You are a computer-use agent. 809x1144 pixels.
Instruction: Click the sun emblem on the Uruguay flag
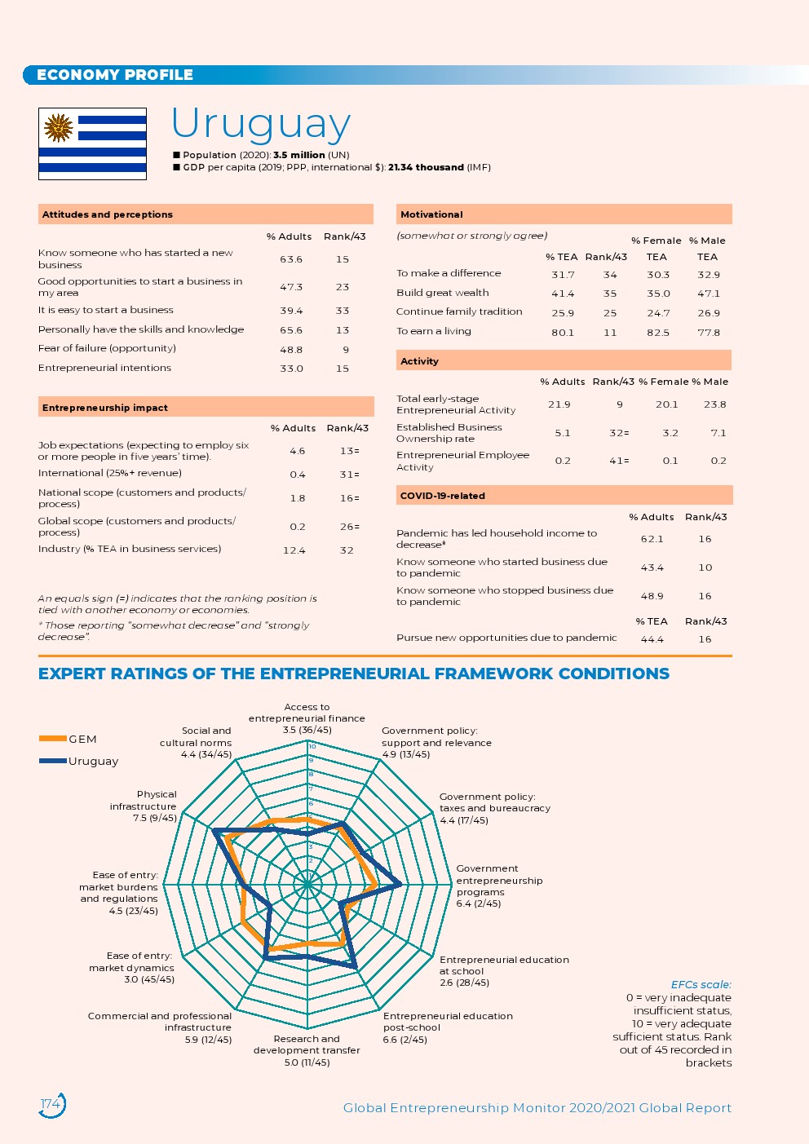click(59, 128)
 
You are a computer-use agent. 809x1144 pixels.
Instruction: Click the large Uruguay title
click(261, 124)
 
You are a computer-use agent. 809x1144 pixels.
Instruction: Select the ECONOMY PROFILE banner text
click(115, 75)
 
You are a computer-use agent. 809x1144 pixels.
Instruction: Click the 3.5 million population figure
click(298, 155)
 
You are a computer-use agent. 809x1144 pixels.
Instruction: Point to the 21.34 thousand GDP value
click(426, 167)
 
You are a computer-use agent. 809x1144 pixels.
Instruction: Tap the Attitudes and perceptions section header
click(108, 214)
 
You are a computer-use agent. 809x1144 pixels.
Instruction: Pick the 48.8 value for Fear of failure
click(291, 349)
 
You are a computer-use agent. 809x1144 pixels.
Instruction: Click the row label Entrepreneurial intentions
click(104, 368)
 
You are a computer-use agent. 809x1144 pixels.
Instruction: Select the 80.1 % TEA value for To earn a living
click(563, 333)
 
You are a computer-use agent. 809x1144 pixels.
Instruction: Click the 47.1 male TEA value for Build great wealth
click(708, 294)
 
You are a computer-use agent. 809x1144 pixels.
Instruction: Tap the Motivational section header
click(431, 214)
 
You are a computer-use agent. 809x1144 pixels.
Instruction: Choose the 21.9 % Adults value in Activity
click(559, 404)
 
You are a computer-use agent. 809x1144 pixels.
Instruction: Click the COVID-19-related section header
click(443, 496)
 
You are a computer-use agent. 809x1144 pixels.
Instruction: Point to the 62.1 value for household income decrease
click(652, 539)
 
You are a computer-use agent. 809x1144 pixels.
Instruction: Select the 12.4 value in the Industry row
click(294, 550)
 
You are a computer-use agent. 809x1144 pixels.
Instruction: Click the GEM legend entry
click(82, 739)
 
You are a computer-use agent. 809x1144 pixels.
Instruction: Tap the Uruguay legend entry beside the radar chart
click(93, 761)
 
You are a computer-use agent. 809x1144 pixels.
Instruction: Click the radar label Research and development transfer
click(307, 1045)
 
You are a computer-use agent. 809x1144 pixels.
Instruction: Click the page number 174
click(51, 1104)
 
